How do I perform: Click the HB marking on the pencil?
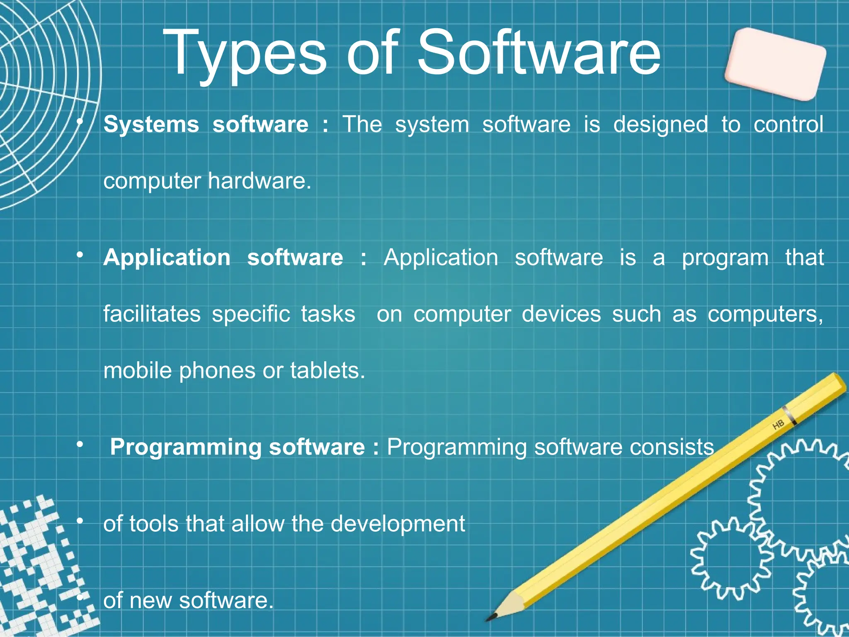pyautogui.click(x=778, y=425)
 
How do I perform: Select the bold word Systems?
pyautogui.click(x=151, y=124)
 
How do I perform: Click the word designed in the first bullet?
pyautogui.click(x=660, y=124)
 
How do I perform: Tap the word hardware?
pyautogui.click(x=259, y=181)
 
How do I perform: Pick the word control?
pyautogui.click(x=788, y=124)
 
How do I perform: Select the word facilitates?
pyautogui.click(x=152, y=314)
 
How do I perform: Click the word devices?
pyautogui.click(x=561, y=314)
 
